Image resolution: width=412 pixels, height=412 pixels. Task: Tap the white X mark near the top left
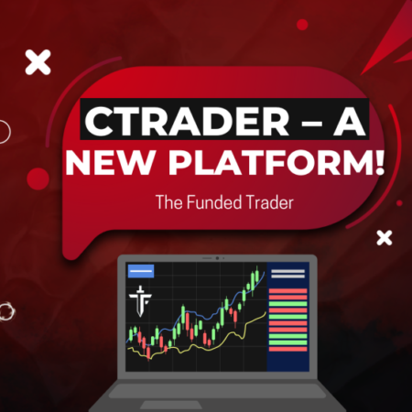[38, 62]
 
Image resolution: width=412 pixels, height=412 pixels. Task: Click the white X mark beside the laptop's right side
[385, 238]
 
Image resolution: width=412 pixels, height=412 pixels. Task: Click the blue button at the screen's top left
[140, 271]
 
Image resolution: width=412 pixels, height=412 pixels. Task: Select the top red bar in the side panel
[289, 292]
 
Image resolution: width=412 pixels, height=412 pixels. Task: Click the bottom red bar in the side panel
[289, 343]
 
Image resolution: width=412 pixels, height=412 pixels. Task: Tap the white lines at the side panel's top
[289, 274]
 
